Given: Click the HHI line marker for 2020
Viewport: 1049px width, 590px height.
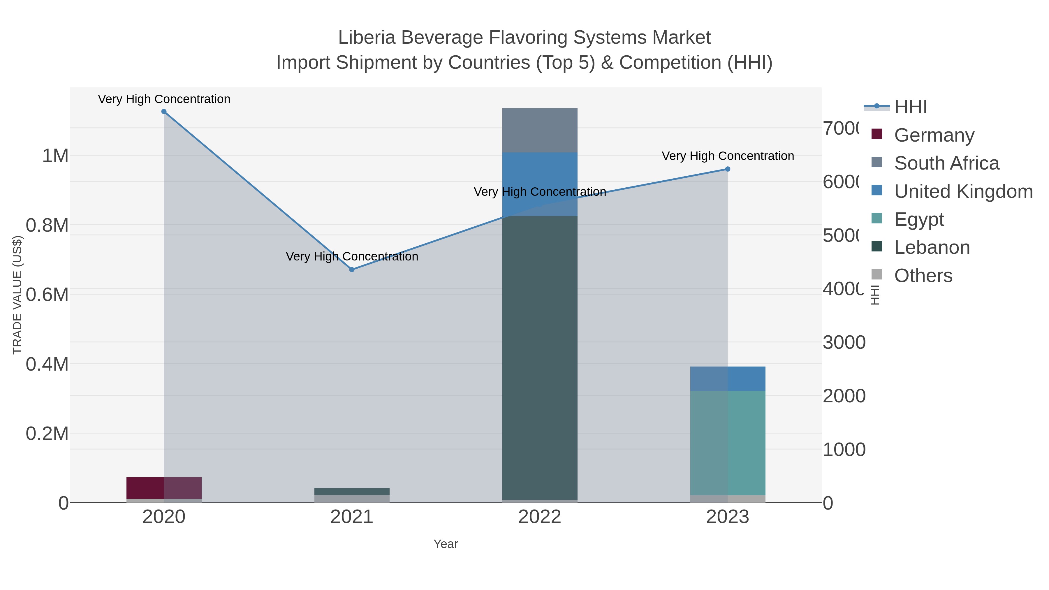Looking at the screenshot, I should tap(164, 112).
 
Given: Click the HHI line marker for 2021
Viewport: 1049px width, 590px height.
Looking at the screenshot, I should tap(352, 270).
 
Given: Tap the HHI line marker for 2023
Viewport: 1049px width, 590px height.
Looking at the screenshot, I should tap(728, 169).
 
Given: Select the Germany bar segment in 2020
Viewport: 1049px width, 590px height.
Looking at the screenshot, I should tap(164, 488).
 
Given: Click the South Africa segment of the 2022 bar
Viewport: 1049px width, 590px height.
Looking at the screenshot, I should tap(540, 130).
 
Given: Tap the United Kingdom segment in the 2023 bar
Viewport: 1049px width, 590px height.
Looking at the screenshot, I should tap(728, 379).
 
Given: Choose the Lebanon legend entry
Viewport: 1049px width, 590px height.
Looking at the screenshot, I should tap(932, 248).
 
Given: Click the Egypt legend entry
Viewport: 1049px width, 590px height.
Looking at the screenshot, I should tap(919, 219).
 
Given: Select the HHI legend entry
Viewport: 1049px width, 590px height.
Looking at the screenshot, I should tap(911, 107).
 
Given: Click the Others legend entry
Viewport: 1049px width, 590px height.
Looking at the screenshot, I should tap(923, 276).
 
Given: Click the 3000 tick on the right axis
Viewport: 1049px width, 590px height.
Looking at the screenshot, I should tap(844, 342).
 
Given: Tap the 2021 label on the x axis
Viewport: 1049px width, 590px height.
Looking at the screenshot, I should tap(352, 517).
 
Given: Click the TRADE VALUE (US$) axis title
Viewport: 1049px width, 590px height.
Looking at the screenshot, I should tap(17, 295).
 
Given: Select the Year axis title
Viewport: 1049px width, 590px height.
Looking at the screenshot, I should tap(446, 544).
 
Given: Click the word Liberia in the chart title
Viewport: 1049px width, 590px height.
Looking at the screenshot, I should tap(367, 38).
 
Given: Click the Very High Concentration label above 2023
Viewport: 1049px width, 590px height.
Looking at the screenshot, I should tap(728, 156).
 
